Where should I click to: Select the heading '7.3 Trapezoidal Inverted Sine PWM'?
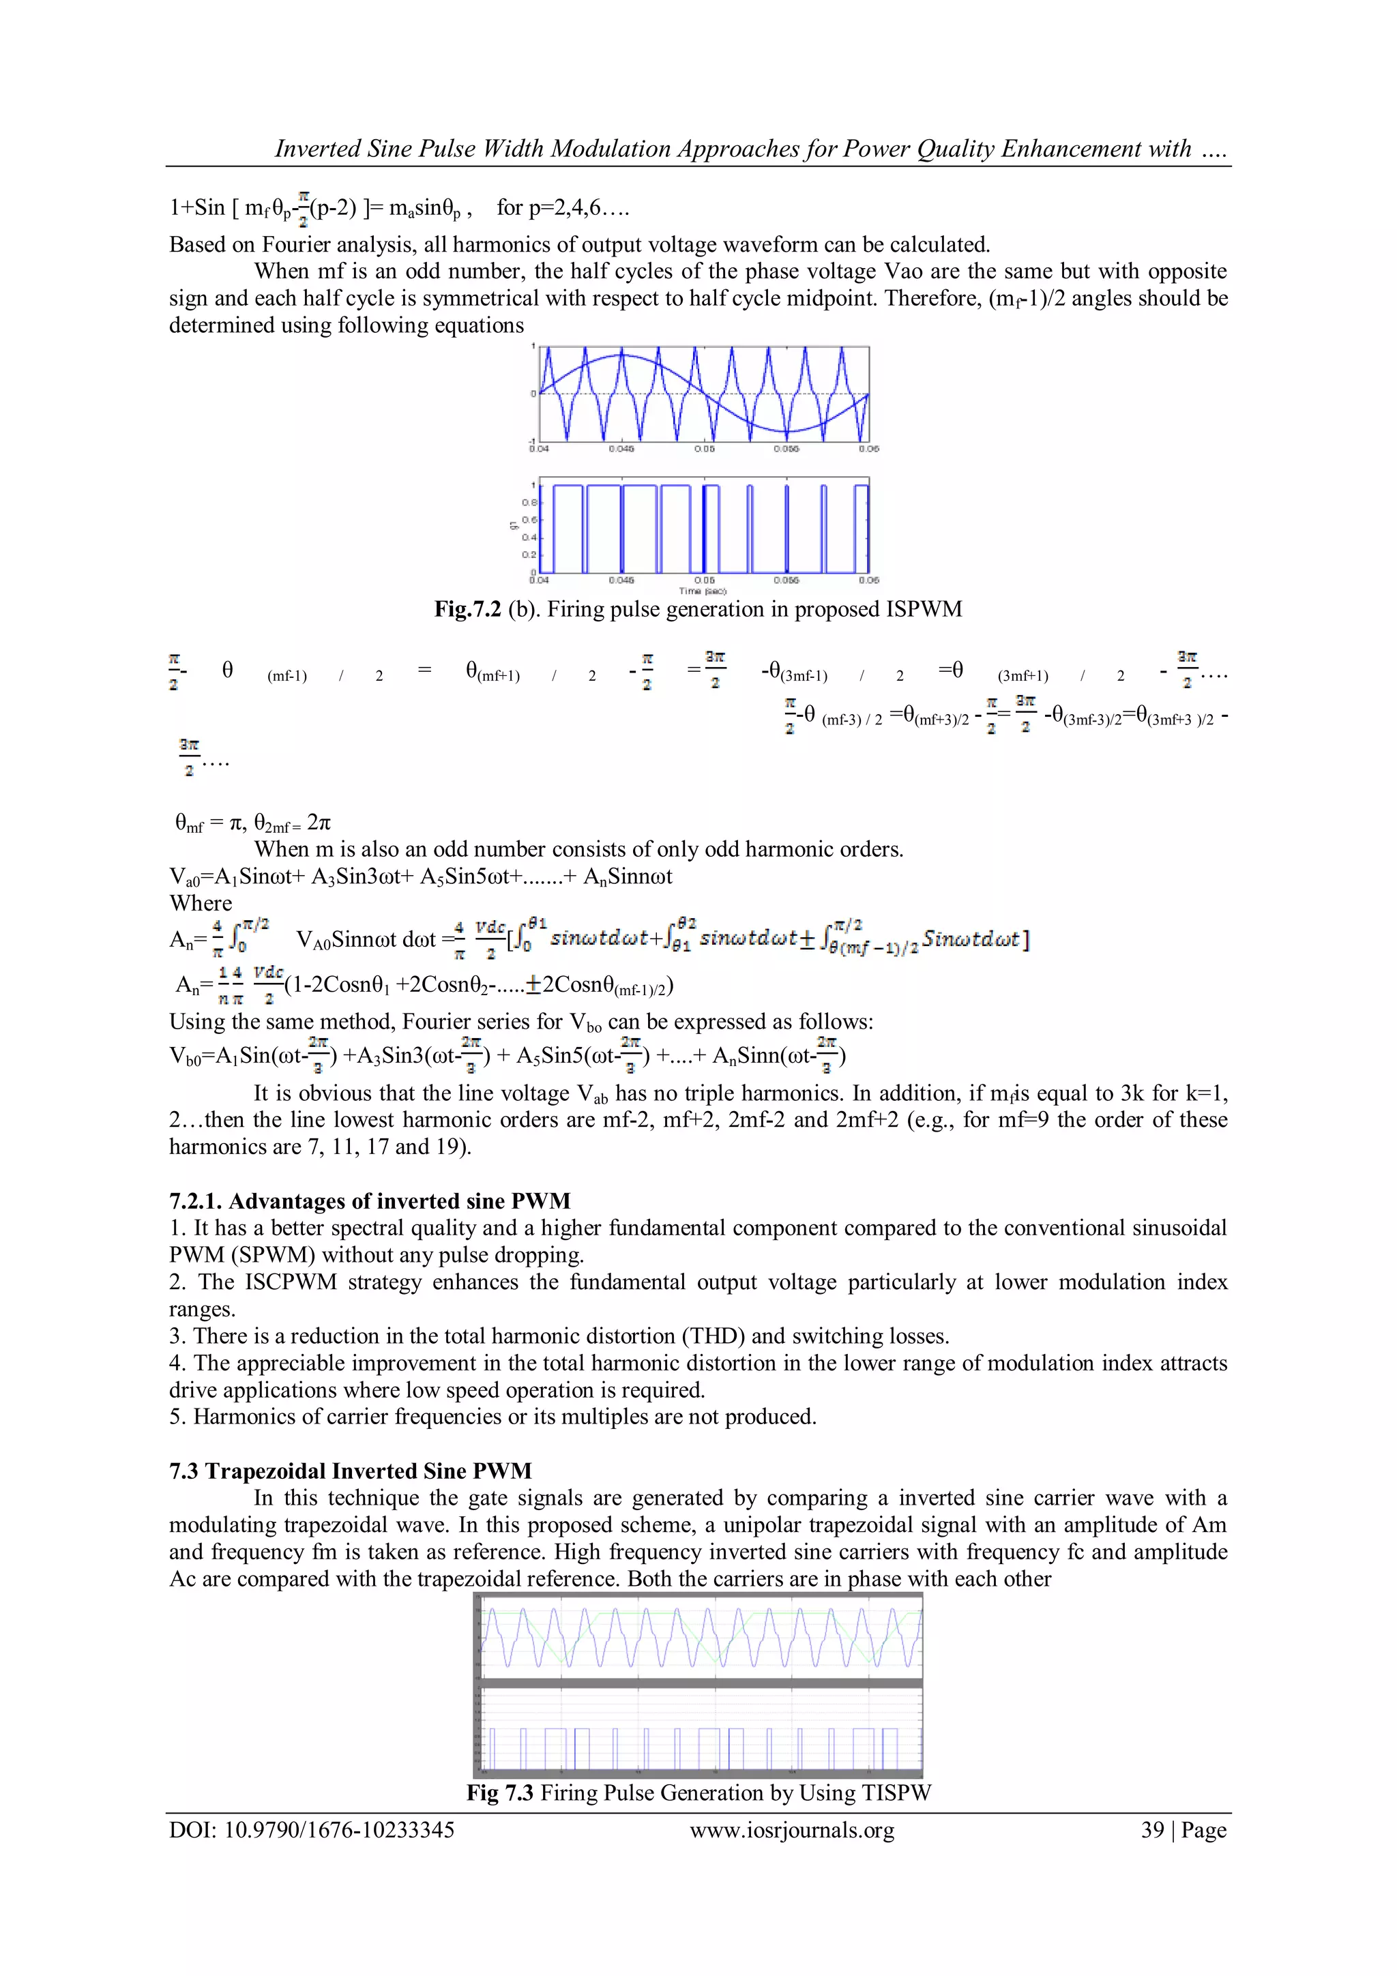coord(351,1470)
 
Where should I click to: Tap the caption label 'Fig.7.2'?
coord(467,609)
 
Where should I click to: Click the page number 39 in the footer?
coord(1153,1830)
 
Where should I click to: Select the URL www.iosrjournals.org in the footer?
coord(792,1830)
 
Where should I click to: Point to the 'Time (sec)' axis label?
coord(703,591)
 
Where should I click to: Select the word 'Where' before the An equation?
coord(201,903)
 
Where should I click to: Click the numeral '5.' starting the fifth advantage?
coord(177,1417)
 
